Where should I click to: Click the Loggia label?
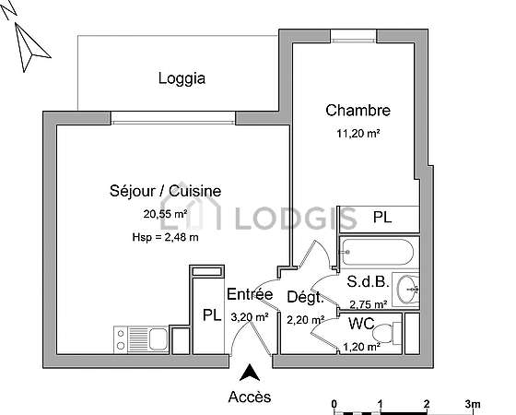point(182,78)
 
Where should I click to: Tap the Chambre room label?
point(358,111)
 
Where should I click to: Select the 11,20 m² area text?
point(358,134)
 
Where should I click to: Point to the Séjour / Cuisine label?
point(166,191)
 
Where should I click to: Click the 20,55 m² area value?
point(165,214)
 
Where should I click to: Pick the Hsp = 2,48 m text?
point(165,237)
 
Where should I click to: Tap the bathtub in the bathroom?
point(377,253)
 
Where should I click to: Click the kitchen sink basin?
point(158,339)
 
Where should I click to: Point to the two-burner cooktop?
point(121,339)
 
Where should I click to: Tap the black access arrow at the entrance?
point(250,373)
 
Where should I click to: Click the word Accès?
point(250,397)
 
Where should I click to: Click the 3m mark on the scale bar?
point(473,404)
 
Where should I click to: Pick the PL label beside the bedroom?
point(382,218)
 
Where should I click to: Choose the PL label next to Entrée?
point(212,315)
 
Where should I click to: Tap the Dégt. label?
point(305,297)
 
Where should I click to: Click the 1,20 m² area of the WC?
point(362,347)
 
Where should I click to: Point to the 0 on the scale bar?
point(334,404)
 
